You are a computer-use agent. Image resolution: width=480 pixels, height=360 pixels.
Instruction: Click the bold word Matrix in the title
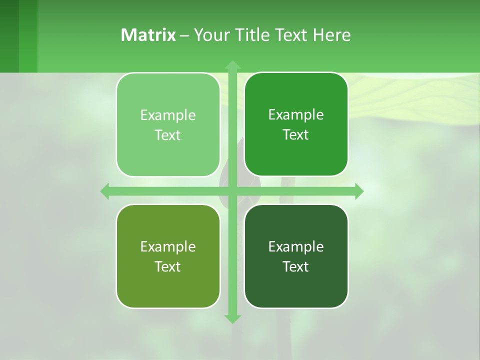pyautogui.click(x=148, y=35)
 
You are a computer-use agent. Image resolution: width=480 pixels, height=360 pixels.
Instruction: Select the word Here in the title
pyautogui.click(x=331, y=35)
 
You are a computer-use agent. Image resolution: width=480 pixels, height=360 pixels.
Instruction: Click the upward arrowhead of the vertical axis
pyautogui.click(x=232, y=64)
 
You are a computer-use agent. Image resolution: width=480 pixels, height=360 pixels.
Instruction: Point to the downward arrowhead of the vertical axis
pyautogui.click(x=232, y=318)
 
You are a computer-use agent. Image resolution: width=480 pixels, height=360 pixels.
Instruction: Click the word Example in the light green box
pyautogui.click(x=168, y=115)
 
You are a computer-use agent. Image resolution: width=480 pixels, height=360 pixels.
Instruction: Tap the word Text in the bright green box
pyautogui.click(x=296, y=135)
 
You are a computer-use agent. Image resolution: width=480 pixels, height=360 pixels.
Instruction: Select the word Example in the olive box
pyautogui.click(x=168, y=247)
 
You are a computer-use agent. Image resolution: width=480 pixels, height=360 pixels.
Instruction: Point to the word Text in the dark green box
pyautogui.click(x=296, y=267)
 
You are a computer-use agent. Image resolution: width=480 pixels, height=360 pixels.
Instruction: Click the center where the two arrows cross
pyautogui.click(x=232, y=191)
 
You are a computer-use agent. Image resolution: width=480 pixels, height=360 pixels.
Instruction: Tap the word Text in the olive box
pyautogui.click(x=168, y=267)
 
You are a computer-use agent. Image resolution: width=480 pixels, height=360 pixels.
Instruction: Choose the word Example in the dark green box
pyautogui.click(x=296, y=247)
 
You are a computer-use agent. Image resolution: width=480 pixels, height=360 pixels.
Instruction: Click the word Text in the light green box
pyautogui.click(x=168, y=135)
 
